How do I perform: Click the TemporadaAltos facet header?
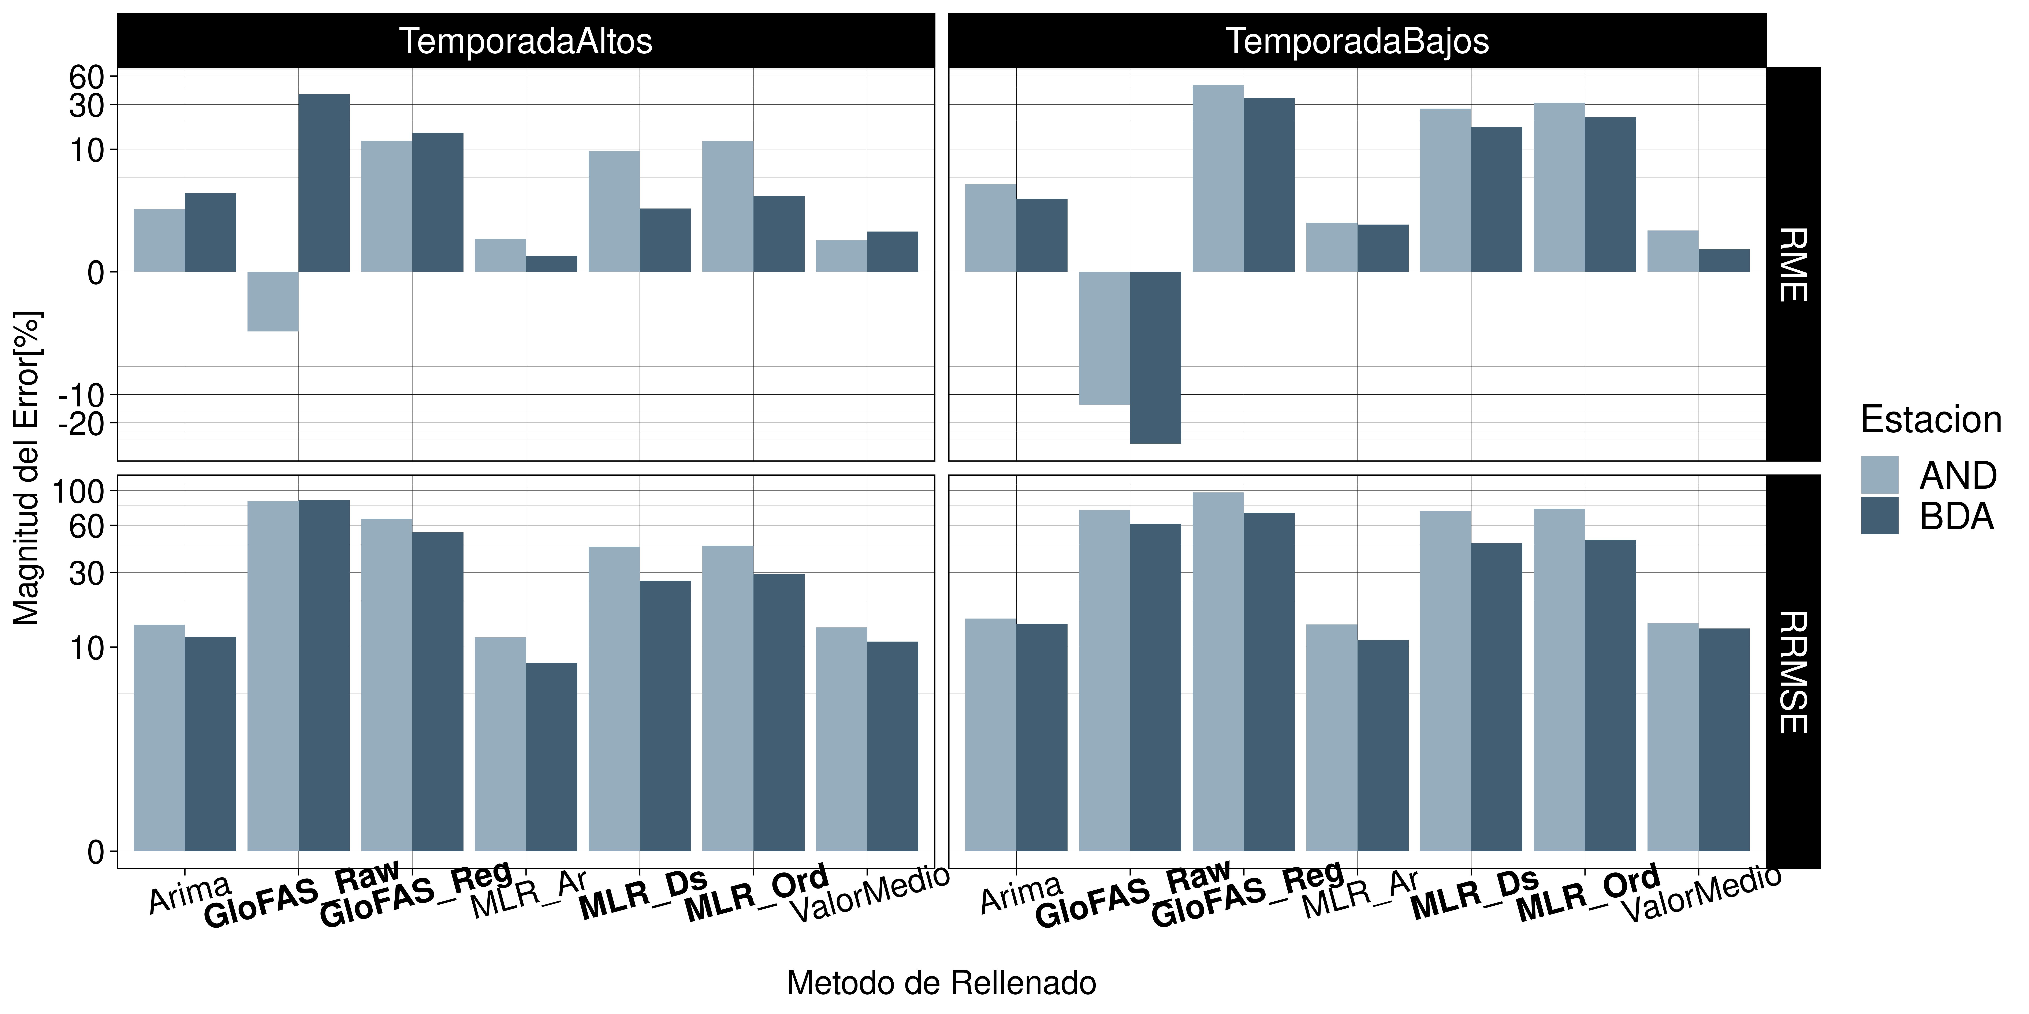(x=526, y=41)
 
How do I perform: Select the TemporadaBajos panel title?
(x=1357, y=41)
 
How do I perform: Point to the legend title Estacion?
(x=1931, y=420)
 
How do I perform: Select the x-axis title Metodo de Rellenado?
(x=941, y=983)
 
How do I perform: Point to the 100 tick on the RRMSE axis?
(x=79, y=491)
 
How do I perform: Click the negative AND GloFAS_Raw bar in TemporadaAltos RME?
(x=272, y=301)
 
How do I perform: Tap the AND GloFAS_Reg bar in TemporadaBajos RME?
(x=1218, y=179)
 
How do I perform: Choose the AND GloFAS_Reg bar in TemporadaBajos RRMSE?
(x=1218, y=672)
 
